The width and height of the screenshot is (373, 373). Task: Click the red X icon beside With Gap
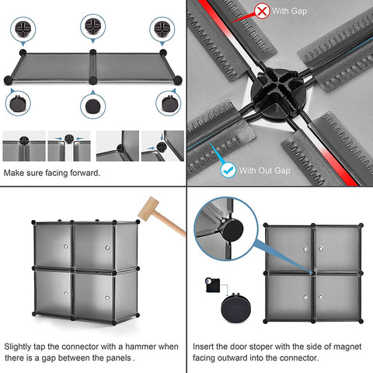(x=262, y=11)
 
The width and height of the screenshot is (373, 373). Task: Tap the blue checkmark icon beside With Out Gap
(x=228, y=170)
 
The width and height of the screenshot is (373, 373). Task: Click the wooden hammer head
(x=148, y=208)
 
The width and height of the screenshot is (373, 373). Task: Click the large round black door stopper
(x=235, y=308)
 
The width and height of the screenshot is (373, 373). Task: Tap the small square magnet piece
(x=213, y=285)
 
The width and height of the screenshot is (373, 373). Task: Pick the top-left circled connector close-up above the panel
(x=23, y=29)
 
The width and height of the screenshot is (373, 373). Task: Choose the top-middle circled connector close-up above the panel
(x=93, y=26)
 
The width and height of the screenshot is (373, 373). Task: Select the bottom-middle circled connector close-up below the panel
(x=93, y=106)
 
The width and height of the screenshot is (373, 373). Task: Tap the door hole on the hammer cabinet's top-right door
(x=107, y=248)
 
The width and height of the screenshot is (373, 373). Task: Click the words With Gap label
(x=289, y=11)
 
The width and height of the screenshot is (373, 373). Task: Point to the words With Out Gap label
(x=264, y=171)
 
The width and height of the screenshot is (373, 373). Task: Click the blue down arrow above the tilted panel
(x=162, y=136)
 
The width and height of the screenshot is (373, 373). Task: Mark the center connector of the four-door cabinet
(x=313, y=273)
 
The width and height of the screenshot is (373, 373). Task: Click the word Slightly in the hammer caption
(x=18, y=347)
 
